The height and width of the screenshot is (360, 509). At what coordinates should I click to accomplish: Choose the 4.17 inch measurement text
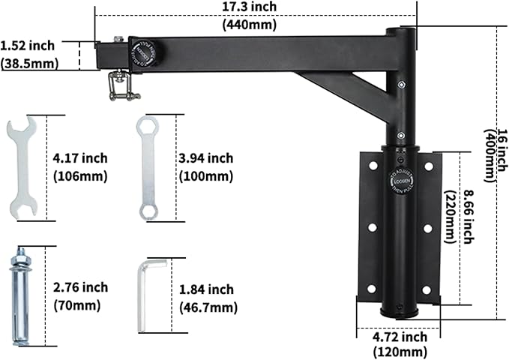[x=80, y=158]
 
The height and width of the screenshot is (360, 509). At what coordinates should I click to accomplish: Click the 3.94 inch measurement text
[x=205, y=158]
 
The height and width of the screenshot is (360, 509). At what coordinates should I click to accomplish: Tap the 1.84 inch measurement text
[x=207, y=289]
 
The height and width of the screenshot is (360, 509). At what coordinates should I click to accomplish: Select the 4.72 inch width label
[x=401, y=337]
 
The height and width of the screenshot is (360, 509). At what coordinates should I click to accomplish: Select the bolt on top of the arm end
[x=118, y=40]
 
